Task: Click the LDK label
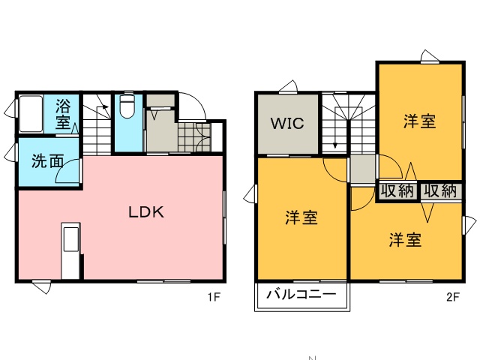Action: coord(146,211)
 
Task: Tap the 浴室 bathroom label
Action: coord(63,114)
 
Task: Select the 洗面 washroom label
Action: coord(48,160)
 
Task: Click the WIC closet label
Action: coord(287,123)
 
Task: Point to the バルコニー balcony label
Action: coord(301,294)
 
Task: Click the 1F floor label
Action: coord(214,297)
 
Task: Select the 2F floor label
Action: coord(453,297)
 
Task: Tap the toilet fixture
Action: coord(127,106)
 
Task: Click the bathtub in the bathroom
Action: coord(31,114)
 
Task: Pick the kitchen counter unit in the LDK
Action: coord(70,251)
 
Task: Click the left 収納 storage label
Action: coord(397,191)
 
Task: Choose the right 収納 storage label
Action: coord(440,191)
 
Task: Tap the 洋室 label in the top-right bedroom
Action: coord(419,121)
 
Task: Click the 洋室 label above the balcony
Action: coord(301,217)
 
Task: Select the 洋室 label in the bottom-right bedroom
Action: coord(405,240)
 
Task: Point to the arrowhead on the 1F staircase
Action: coord(106,106)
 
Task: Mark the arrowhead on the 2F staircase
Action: coord(335,145)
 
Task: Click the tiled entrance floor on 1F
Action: coord(194,137)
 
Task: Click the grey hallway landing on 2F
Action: coord(363,169)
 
